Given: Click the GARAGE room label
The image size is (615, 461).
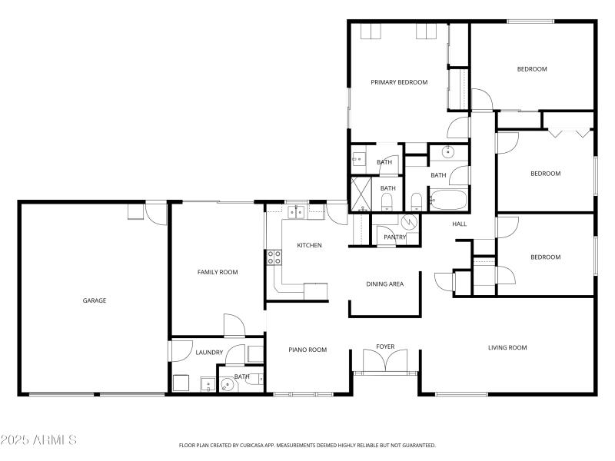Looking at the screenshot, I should tap(95, 300).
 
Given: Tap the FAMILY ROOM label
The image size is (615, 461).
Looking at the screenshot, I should tap(218, 272).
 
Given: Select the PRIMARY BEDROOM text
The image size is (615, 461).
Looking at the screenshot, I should tap(399, 82).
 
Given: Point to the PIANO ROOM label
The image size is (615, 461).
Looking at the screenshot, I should tap(307, 350).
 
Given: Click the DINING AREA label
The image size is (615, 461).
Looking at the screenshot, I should tap(384, 284).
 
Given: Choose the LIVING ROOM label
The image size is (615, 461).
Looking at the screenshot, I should tap(507, 347).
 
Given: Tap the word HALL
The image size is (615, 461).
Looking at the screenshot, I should tap(460, 224).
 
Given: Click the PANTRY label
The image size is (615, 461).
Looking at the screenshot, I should tap(394, 237).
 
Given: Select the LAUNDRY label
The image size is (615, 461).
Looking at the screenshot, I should tap(209, 353).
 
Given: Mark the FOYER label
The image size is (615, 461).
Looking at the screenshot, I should tap(385, 347).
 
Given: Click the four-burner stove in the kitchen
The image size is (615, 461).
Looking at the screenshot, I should tap(273, 257).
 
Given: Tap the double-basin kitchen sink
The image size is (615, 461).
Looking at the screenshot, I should tap(296, 212).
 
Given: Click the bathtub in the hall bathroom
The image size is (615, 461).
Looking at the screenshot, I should tap(448, 201).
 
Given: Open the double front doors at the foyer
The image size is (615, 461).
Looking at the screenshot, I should tap(385, 362).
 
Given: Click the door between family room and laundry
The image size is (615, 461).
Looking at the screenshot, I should tap(234, 326).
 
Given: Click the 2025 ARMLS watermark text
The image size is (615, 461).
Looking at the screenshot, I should tap(38, 440).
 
